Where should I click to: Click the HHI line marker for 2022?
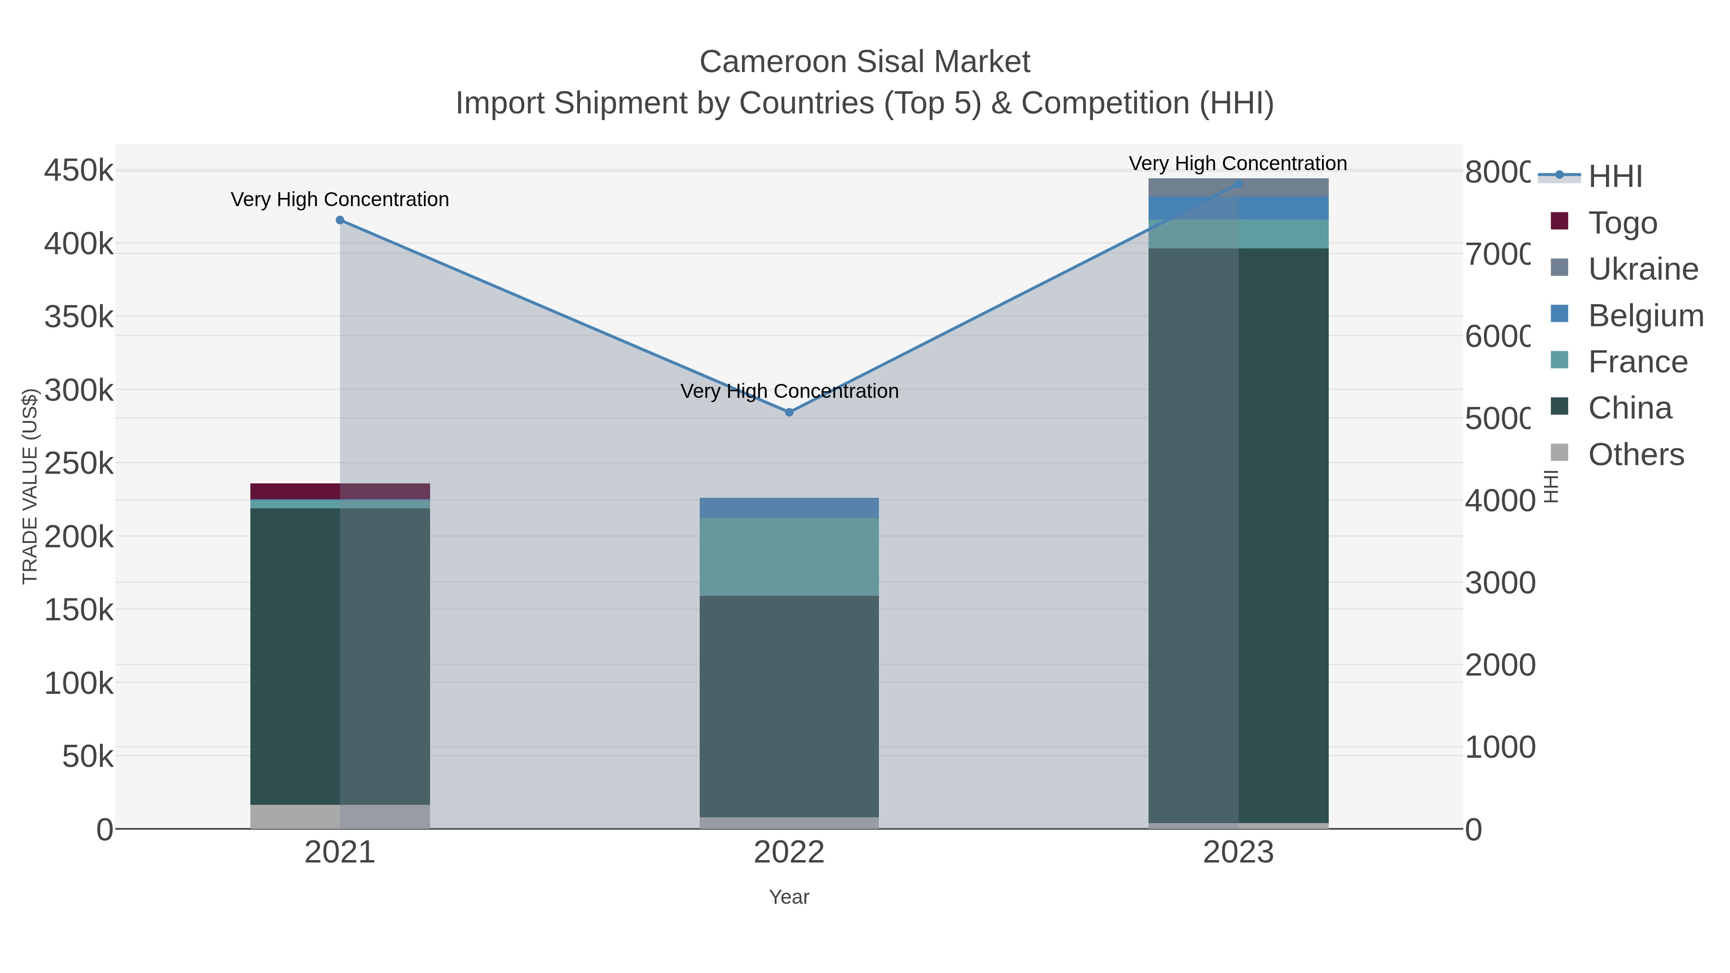click(x=789, y=412)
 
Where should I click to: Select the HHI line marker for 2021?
click(x=340, y=220)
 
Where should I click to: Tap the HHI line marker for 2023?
click(x=1238, y=184)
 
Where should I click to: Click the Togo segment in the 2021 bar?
click(x=340, y=491)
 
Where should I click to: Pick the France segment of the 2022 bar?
click(x=789, y=557)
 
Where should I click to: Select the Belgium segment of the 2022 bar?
click(x=789, y=508)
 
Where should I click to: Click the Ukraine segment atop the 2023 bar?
click(x=1238, y=187)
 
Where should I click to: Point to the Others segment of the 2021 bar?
click(x=340, y=816)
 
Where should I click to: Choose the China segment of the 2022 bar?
click(x=789, y=705)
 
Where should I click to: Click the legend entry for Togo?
click(x=1621, y=223)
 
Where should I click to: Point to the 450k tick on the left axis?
click(x=79, y=171)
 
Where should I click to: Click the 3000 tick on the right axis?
click(x=1500, y=583)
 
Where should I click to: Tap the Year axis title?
click(x=789, y=897)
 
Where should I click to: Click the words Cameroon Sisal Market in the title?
click(x=865, y=62)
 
